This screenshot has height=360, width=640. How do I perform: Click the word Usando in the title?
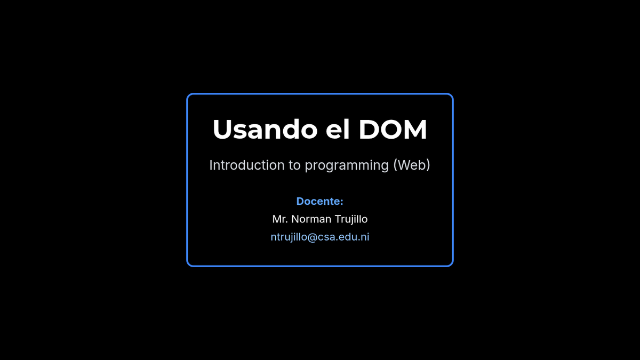tap(265, 130)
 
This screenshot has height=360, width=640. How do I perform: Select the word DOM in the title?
tap(393, 130)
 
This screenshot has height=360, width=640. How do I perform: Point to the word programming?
tap(347, 166)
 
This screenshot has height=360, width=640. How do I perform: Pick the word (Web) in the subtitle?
tap(412, 165)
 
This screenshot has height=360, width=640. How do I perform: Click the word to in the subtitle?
tap(294, 165)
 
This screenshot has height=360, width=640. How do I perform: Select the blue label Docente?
tap(319, 201)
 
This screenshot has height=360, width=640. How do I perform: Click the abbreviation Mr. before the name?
tap(280, 219)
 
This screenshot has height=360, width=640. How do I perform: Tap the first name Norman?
tap(311, 219)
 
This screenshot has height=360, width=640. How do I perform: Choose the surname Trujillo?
tap(351, 219)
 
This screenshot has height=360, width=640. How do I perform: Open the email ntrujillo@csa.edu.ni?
tap(319, 237)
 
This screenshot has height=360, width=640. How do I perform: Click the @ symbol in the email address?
tap(312, 237)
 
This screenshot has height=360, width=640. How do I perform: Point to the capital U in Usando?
tap(222, 130)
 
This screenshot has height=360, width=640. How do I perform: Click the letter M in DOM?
tap(415, 130)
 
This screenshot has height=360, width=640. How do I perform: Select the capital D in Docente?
tap(300, 201)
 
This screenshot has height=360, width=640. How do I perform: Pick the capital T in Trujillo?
tap(338, 219)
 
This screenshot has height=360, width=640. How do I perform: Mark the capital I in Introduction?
tap(211, 165)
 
